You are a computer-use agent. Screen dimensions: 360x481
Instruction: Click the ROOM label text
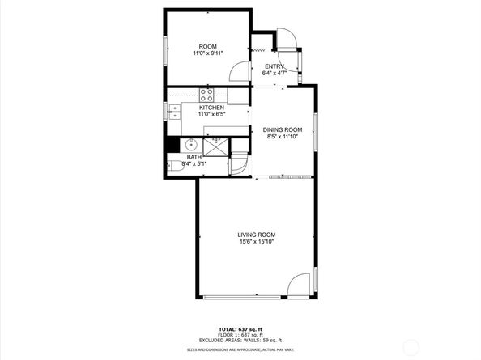(208, 46)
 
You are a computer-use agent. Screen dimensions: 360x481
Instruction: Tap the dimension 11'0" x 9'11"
(208, 53)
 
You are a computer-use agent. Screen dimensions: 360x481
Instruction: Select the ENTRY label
(274, 66)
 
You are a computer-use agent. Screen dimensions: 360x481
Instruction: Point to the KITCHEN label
(211, 108)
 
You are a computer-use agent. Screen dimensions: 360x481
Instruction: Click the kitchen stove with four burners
(206, 93)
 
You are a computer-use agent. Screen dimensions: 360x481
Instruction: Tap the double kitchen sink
(175, 111)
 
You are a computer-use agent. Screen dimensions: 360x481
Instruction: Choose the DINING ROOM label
(283, 129)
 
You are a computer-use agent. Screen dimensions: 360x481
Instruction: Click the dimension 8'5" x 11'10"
(283, 137)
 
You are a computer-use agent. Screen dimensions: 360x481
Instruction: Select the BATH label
(194, 157)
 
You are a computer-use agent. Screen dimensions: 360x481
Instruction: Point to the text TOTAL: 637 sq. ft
(240, 328)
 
